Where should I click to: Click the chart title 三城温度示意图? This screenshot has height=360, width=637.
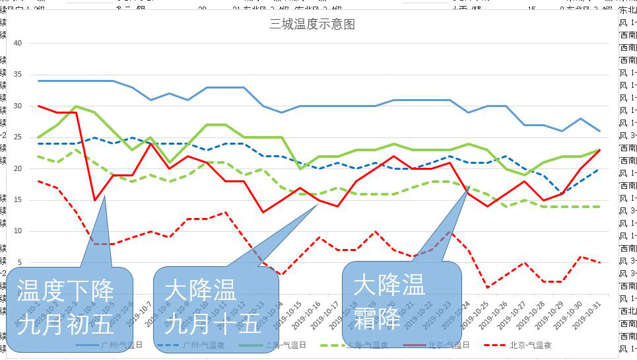(312, 24)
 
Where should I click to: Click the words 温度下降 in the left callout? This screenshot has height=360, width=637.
(66, 291)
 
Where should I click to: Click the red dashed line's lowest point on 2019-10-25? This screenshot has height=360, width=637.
(487, 287)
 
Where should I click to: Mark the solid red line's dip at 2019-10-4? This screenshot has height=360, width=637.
(95, 199)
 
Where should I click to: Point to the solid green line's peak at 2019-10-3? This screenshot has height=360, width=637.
(77, 106)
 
